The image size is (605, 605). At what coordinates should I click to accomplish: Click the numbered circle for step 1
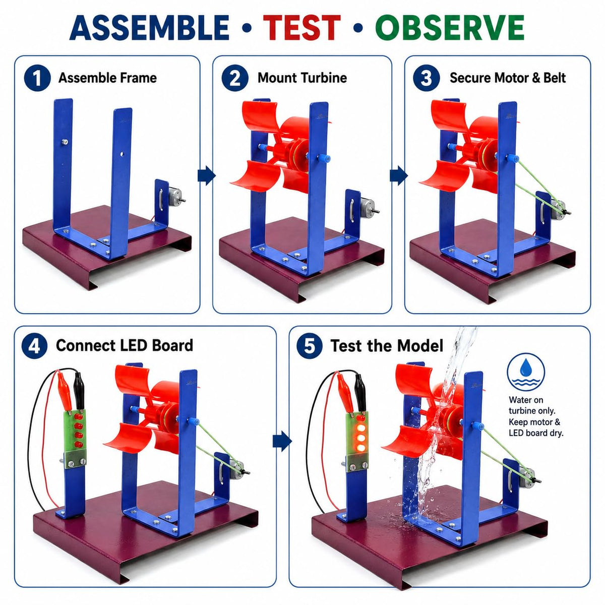click(37, 78)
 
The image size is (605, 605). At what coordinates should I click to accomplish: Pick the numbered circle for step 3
click(426, 78)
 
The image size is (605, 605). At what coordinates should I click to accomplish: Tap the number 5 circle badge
click(310, 346)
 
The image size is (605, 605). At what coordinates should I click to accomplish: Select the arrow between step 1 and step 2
click(207, 175)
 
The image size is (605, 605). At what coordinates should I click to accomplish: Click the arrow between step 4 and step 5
click(282, 441)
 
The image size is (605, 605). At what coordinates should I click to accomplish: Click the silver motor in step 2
click(368, 207)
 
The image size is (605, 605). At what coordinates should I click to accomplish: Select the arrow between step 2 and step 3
click(399, 175)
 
